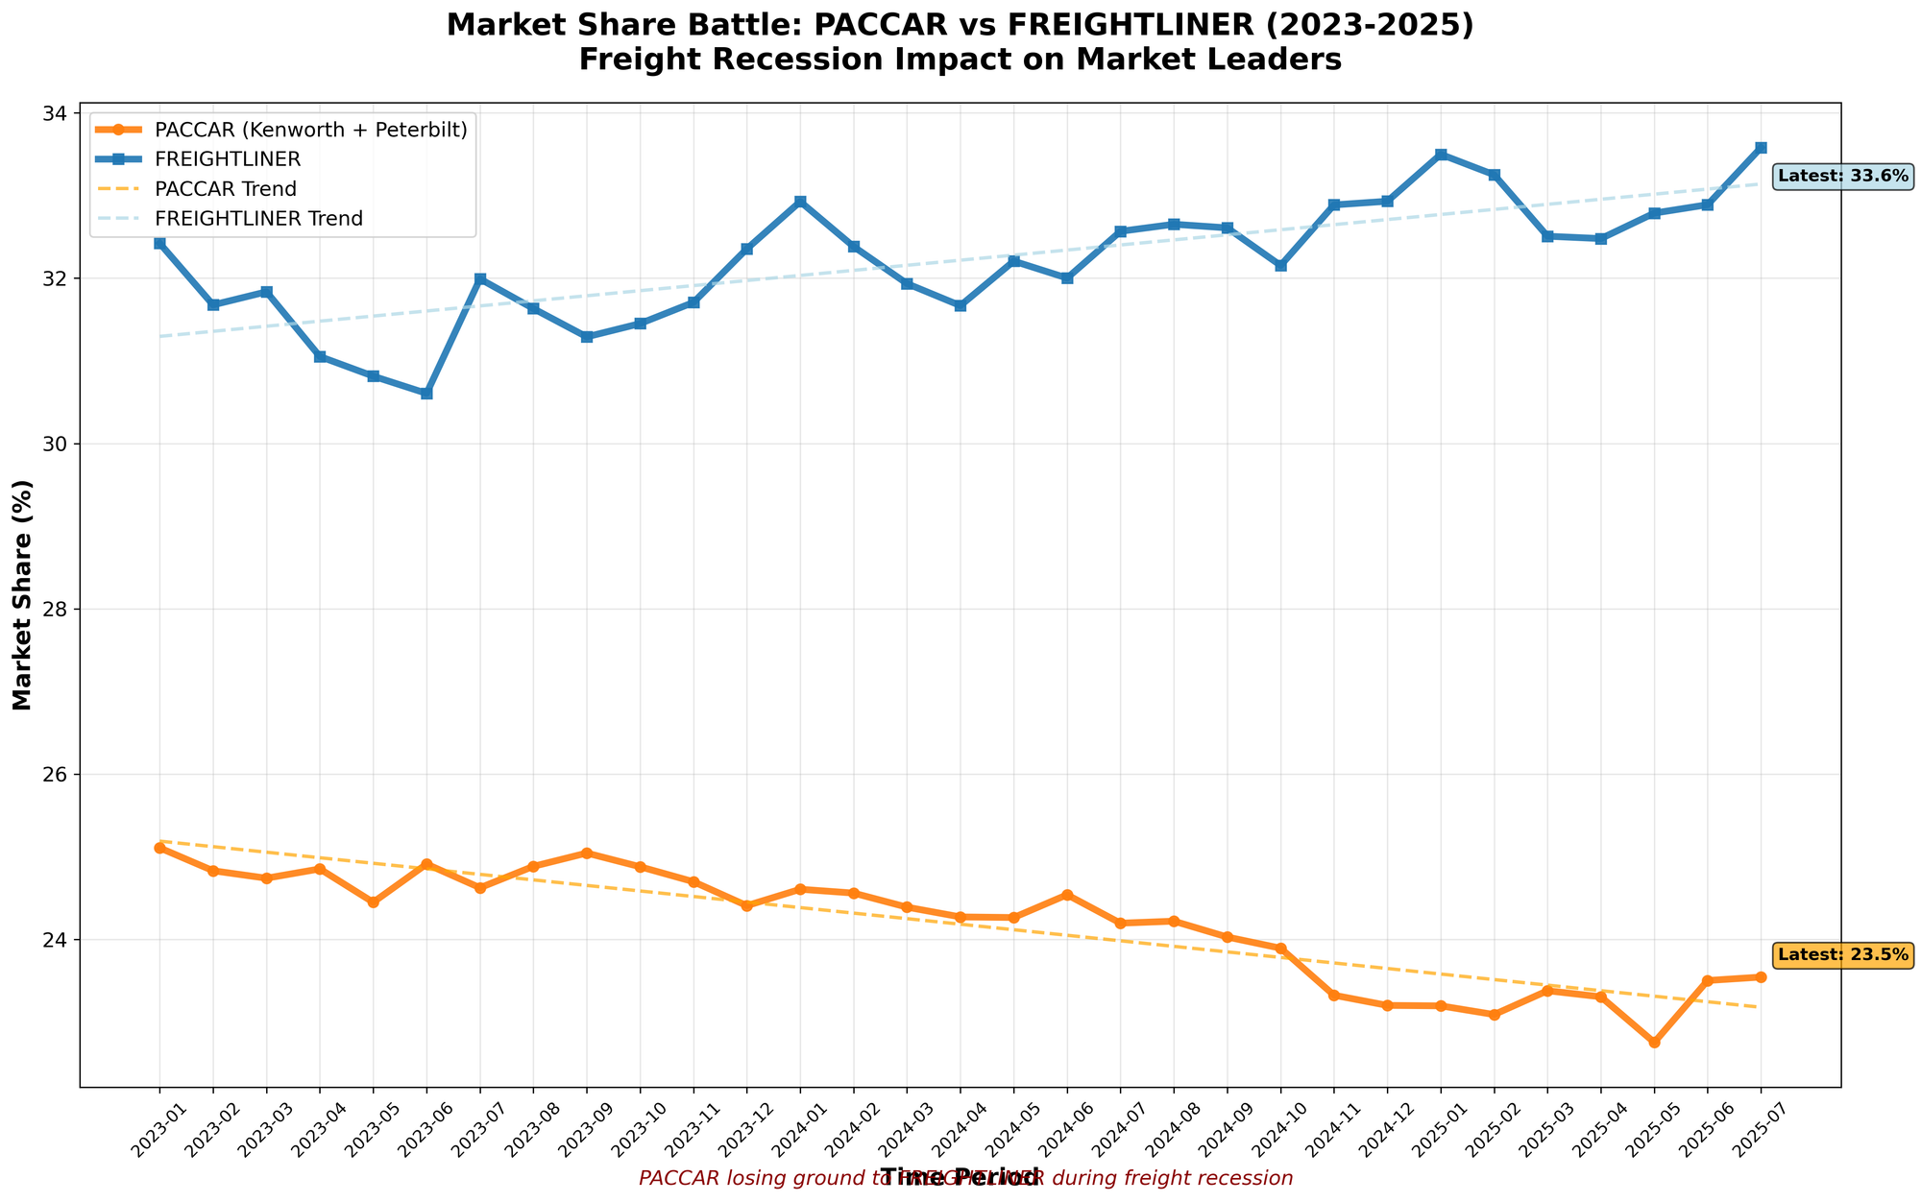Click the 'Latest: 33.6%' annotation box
(1843, 177)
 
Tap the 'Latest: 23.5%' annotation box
(1843, 955)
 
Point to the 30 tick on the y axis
(56, 444)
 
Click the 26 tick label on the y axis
(56, 774)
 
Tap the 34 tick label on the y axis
(56, 113)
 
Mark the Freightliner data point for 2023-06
(427, 394)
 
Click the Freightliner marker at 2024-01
(800, 202)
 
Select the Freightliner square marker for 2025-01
(1441, 155)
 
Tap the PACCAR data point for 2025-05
(1654, 1042)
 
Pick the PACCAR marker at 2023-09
(587, 853)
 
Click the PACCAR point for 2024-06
(1067, 895)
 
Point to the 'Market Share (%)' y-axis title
(22, 595)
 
